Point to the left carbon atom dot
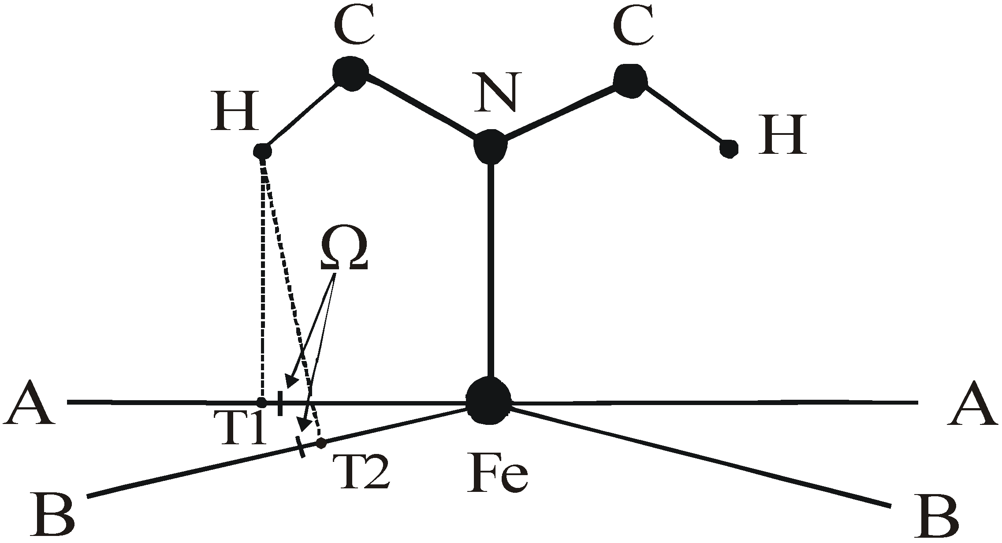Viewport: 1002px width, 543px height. coord(350,74)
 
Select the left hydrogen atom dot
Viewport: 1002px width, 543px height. coord(263,152)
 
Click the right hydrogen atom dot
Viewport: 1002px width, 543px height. coord(729,149)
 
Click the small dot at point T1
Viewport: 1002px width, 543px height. coord(262,402)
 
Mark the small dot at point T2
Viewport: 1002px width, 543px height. coord(321,442)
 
